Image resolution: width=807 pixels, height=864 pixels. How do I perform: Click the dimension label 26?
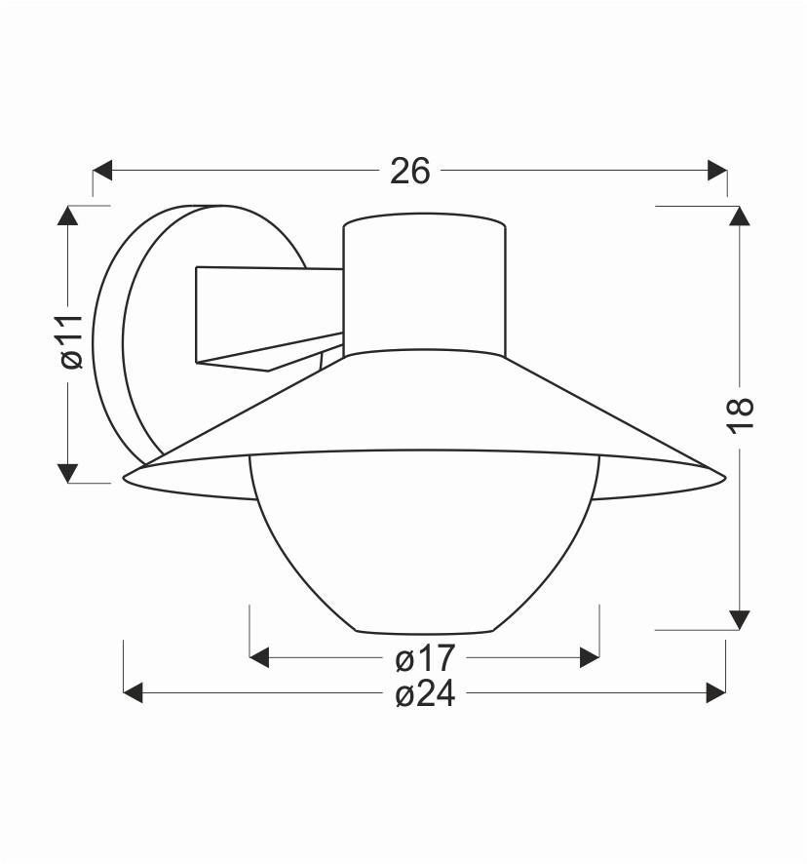(409, 171)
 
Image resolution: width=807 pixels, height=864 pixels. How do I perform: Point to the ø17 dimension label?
(424, 658)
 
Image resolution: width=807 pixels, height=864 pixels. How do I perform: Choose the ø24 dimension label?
(424, 693)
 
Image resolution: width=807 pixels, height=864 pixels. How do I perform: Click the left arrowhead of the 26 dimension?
(103, 171)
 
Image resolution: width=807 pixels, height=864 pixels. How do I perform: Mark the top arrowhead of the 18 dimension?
(741, 216)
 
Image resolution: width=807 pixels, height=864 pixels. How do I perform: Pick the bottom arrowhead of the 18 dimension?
(741, 619)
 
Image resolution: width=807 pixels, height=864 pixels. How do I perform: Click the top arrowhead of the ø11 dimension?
(67, 216)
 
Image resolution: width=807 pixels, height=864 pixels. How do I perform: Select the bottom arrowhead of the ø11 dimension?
(67, 472)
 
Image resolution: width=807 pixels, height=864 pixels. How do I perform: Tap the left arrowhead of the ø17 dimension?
(260, 658)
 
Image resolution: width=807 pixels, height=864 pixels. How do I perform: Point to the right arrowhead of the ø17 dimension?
(589, 658)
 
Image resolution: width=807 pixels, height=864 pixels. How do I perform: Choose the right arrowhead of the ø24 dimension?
(715, 693)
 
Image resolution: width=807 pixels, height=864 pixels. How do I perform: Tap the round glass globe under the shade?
(424, 546)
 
